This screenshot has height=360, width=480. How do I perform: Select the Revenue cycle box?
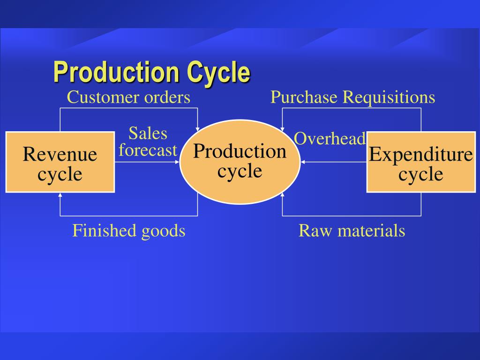click(60, 162)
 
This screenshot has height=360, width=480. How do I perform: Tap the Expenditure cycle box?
click(420, 162)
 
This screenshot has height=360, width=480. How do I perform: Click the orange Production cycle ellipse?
click(240, 162)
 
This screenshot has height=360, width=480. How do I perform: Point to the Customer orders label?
click(128, 97)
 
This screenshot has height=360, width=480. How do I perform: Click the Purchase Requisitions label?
click(352, 97)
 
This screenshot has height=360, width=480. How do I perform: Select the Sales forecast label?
click(148, 142)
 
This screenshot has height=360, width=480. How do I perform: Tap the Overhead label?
click(330, 138)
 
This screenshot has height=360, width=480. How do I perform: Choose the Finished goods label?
click(128, 231)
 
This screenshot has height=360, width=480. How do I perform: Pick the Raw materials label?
click(352, 231)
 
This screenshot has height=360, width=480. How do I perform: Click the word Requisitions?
click(389, 97)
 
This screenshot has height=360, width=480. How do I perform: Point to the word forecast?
click(148, 150)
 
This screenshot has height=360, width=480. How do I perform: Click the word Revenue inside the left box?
click(60, 154)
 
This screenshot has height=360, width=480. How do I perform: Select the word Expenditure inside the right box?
click(420, 154)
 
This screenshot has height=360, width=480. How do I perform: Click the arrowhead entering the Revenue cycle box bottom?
click(60, 195)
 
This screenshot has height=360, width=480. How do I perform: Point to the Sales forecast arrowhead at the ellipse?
click(178, 162)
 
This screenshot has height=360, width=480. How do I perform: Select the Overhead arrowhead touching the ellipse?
click(303, 162)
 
